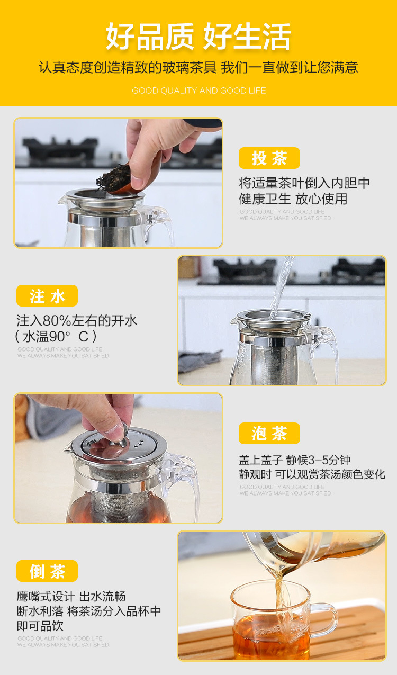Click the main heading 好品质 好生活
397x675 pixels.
point(198,36)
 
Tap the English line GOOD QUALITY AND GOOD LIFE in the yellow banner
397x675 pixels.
point(199,91)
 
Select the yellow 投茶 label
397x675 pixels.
point(269,158)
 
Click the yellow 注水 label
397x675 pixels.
point(47,295)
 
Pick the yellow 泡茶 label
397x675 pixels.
point(269,434)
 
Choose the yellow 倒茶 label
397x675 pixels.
point(47,571)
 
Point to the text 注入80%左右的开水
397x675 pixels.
point(77,321)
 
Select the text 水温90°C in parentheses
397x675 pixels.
point(56,336)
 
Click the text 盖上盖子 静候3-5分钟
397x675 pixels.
point(295,460)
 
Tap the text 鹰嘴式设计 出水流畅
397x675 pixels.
point(71,596)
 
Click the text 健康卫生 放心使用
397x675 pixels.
point(293,199)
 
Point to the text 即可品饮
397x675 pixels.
point(40,626)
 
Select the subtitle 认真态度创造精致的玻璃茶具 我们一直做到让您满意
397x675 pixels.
point(198,68)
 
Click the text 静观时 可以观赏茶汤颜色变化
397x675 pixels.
point(312,474)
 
